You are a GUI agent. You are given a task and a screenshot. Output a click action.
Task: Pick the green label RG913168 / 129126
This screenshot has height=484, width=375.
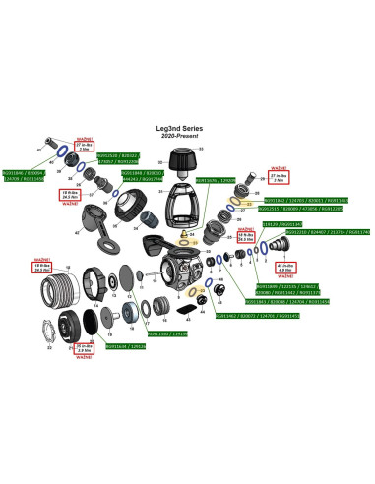125,346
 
